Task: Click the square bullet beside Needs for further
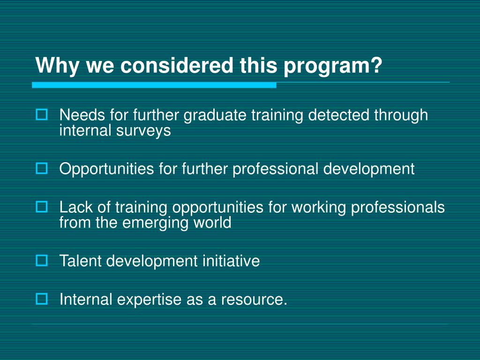[42, 114]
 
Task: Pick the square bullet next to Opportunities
[42, 168]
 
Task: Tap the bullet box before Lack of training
[42, 206]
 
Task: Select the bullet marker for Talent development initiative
[42, 260]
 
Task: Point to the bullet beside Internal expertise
[42, 298]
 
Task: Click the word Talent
[80, 261]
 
